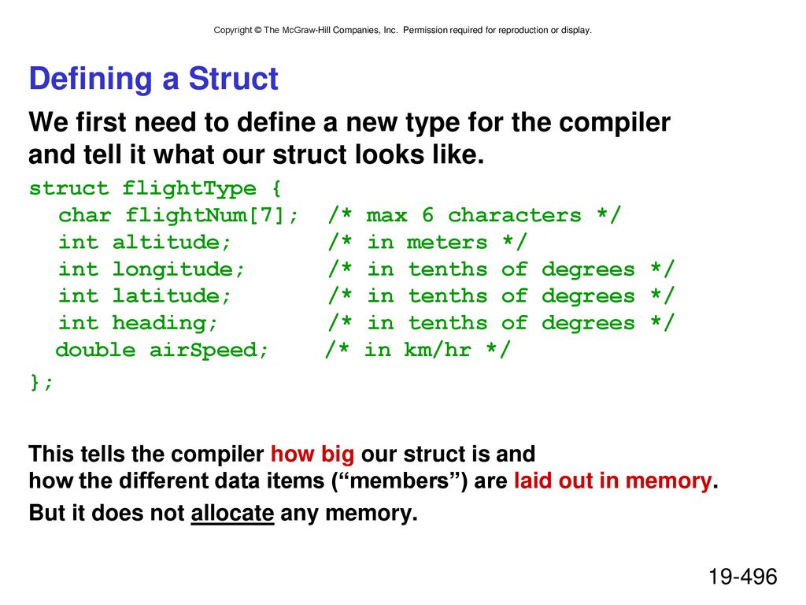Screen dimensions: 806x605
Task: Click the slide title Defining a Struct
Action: [x=153, y=79]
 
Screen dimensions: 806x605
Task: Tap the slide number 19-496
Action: [x=743, y=576]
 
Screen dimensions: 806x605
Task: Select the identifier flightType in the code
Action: [x=189, y=188]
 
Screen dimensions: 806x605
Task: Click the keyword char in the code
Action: [x=84, y=215]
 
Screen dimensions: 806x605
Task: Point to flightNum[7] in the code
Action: [x=205, y=215]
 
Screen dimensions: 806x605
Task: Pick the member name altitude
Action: [x=165, y=242]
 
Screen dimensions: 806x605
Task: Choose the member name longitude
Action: [x=172, y=269]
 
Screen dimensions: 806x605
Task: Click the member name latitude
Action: [x=165, y=296]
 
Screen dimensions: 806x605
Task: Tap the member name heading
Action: [x=159, y=323]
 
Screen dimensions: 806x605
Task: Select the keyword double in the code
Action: [x=95, y=350]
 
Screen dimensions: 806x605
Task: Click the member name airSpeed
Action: [x=202, y=350]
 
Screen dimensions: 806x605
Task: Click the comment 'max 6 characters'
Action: [x=474, y=215]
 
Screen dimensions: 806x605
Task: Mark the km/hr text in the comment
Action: [x=438, y=350]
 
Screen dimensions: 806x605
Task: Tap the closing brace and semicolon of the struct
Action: [x=41, y=382]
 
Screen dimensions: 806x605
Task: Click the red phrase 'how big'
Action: [x=312, y=455]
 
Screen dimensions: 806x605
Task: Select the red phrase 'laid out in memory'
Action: [x=612, y=481]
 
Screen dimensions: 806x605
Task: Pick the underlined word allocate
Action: [x=232, y=513]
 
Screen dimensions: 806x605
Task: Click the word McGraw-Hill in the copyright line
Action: [x=306, y=31]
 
